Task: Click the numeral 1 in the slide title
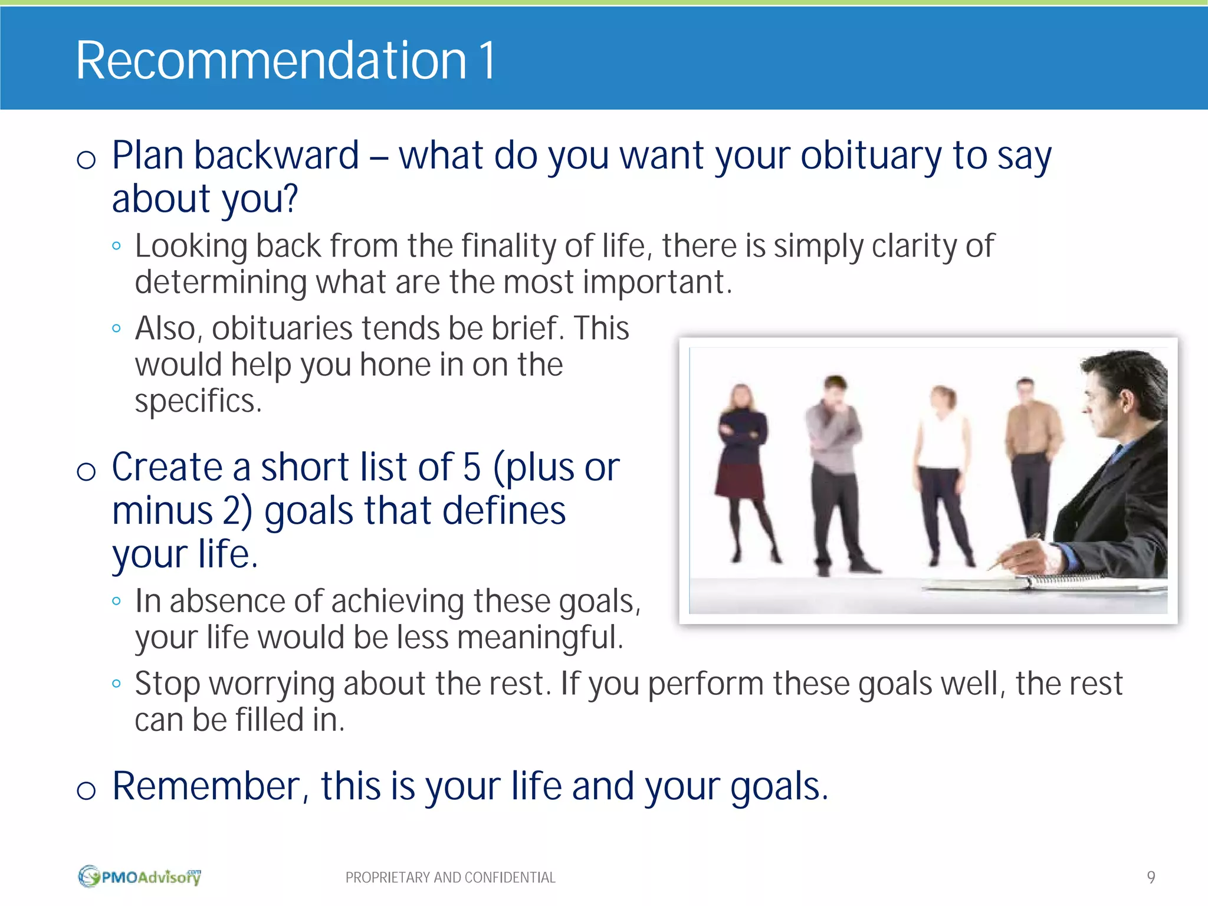click(487, 61)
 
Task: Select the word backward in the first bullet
click(277, 156)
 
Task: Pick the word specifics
click(198, 402)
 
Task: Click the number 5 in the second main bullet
click(472, 467)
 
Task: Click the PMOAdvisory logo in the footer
click(139, 877)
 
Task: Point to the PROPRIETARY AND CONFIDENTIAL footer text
click(450, 878)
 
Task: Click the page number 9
click(1151, 877)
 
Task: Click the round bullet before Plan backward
click(86, 159)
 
